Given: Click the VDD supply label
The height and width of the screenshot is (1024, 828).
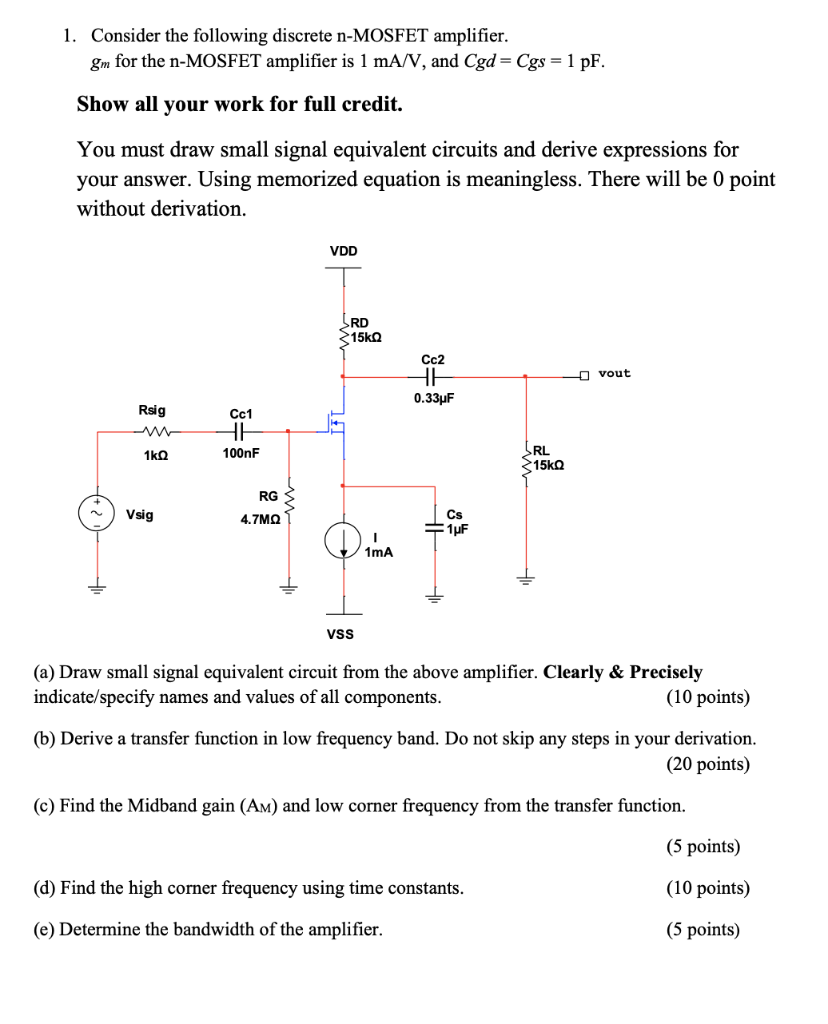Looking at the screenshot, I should [343, 251].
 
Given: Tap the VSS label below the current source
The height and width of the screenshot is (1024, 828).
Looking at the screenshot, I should [340, 633].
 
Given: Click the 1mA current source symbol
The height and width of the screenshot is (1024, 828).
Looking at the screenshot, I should [344, 541].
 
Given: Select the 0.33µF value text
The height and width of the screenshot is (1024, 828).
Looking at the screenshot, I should [434, 398].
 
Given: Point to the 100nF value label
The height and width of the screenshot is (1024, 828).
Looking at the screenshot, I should [241, 454].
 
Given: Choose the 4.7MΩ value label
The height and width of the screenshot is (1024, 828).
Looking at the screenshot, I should [260, 520].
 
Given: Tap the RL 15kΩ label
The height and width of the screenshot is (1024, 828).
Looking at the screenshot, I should [548, 458].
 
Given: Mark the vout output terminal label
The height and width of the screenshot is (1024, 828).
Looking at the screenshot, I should [615, 373].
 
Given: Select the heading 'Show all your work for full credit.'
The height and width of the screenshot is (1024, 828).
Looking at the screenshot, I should [240, 104].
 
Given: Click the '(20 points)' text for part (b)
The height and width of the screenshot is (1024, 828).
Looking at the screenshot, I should [707, 765].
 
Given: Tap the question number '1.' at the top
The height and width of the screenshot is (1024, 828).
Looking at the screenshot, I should [69, 36].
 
